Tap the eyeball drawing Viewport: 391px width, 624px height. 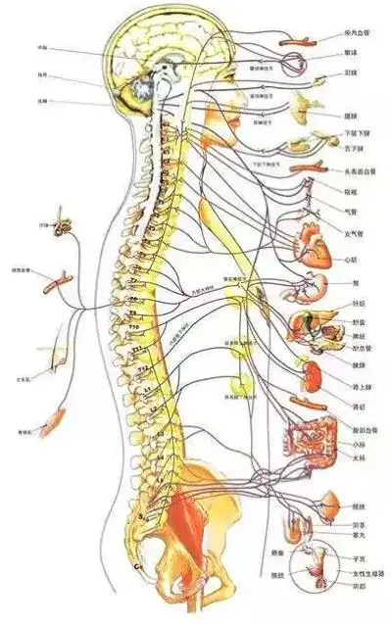click(x=297, y=67)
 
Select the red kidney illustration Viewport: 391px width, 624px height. click(x=312, y=375)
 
